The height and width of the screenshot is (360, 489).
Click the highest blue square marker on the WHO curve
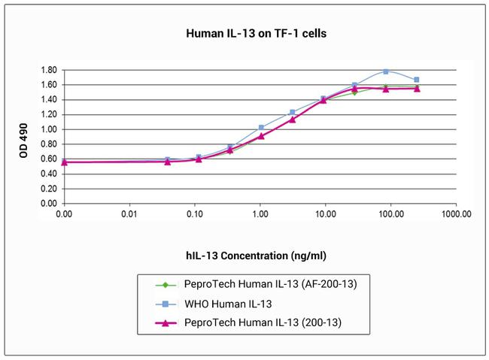click(386, 71)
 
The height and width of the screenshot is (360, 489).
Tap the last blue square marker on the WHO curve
click(417, 80)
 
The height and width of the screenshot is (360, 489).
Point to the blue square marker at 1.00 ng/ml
click(261, 128)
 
